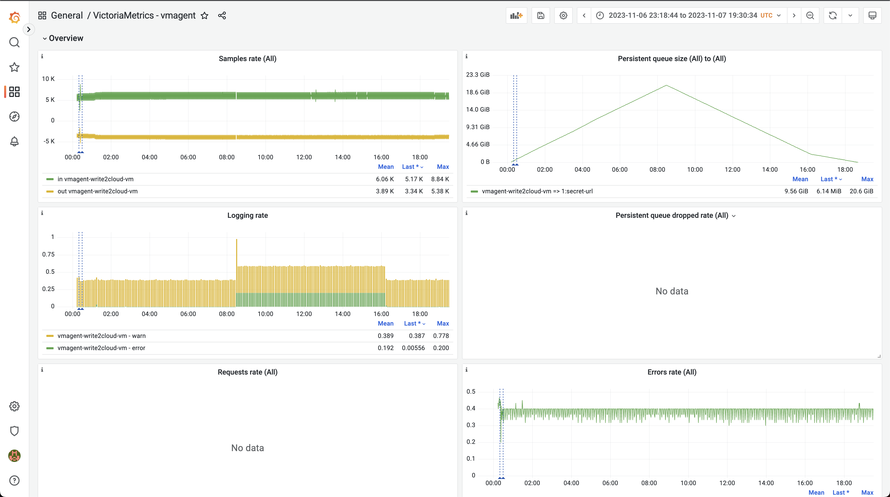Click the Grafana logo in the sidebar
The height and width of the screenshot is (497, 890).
(14, 17)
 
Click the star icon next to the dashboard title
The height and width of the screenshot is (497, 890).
(204, 15)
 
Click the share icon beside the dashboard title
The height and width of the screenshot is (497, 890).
(222, 15)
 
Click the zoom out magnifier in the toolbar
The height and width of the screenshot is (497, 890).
(810, 15)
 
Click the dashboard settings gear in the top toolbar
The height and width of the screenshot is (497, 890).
(563, 15)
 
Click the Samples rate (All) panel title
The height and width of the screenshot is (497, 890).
(247, 59)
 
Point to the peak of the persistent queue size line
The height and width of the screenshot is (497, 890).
(666, 85)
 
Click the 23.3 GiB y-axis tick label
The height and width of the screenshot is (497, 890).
(477, 75)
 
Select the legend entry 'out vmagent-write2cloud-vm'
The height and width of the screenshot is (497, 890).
(97, 191)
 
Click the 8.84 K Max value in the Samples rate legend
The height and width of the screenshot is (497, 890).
(440, 179)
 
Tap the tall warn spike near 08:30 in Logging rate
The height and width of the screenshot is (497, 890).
(237, 240)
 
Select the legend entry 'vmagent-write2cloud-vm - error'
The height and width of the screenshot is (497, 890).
(101, 348)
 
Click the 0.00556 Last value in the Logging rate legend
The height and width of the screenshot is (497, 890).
(413, 348)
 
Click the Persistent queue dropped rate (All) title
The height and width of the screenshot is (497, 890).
(672, 216)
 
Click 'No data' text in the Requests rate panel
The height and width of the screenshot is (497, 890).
(247, 448)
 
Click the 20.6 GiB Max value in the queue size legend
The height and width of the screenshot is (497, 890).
(861, 191)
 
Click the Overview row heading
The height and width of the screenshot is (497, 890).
(66, 38)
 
